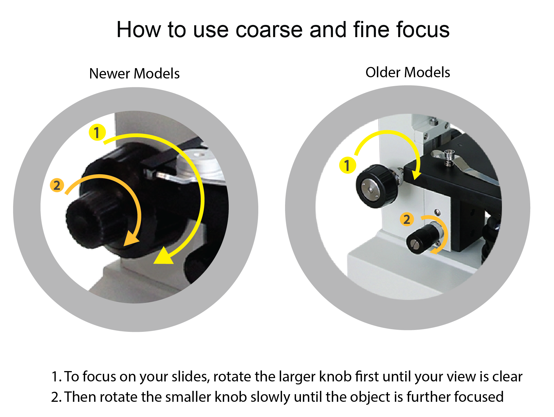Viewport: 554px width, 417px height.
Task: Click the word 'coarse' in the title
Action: (x=269, y=30)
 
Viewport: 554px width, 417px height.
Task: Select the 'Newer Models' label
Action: (x=134, y=74)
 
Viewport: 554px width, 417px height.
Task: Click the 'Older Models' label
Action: (x=408, y=72)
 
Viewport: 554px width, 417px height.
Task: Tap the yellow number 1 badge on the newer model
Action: (x=97, y=132)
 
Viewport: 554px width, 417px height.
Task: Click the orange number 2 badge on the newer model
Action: (x=57, y=185)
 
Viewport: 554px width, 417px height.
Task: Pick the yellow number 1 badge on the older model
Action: (x=347, y=165)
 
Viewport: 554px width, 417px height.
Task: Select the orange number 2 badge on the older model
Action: (x=407, y=219)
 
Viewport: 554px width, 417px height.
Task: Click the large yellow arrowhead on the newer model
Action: (x=164, y=256)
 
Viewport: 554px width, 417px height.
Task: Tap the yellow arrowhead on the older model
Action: (x=416, y=175)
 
